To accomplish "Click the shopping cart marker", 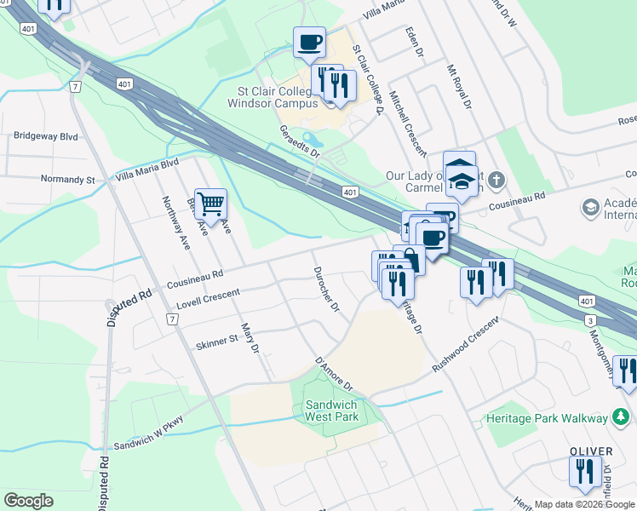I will pos(210,204).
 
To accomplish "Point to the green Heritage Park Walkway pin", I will pos(623,417).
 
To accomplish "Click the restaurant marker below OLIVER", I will pos(584,472).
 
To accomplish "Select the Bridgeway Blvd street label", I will pos(45,135).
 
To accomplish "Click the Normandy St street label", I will pos(68,180).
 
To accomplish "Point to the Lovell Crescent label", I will pos(208,297).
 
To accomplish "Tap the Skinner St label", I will pos(217,343).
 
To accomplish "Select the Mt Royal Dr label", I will pos(459,85).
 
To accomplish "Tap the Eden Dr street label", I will pos(414,40).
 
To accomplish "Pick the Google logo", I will pos(28,501).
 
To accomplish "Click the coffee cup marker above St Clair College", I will pos(309,42).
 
